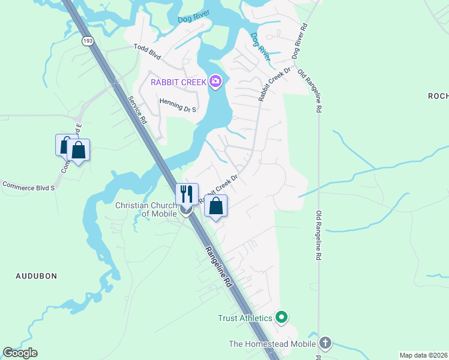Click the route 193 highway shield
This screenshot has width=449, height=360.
pyautogui.click(x=87, y=41)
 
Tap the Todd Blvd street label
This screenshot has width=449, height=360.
pyautogui.click(x=148, y=52)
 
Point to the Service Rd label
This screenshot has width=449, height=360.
pyautogui.click(x=137, y=109)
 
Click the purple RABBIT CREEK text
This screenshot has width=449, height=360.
pyautogui.click(x=178, y=82)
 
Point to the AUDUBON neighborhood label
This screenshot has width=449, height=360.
pyautogui.click(x=37, y=276)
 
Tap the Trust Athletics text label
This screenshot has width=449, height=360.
pyautogui.click(x=245, y=317)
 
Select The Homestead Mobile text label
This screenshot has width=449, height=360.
pyautogui.click(x=273, y=344)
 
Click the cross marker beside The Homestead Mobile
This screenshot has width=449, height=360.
pyautogui.click(x=325, y=344)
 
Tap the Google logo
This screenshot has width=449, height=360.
pyautogui.click(x=20, y=353)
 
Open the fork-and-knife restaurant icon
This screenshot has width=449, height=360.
pyautogui.click(x=187, y=194)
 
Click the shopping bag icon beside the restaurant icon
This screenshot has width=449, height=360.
pyautogui.click(x=216, y=206)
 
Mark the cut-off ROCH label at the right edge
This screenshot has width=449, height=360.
pyautogui.click(x=438, y=96)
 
